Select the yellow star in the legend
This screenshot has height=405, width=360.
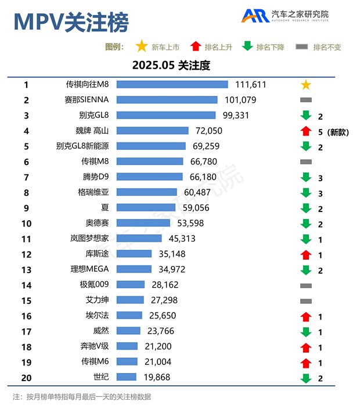(141, 46)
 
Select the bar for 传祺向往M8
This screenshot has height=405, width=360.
(172, 85)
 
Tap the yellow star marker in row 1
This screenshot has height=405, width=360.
(306, 85)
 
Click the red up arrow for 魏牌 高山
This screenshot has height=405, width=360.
(306, 131)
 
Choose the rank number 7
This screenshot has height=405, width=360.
(26, 177)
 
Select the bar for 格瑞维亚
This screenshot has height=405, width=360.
(146, 192)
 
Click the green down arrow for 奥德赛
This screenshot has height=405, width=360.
(306, 223)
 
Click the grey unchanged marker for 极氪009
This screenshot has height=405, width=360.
(306, 285)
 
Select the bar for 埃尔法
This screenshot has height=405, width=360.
(129, 316)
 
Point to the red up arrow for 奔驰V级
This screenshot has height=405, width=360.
(306, 346)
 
